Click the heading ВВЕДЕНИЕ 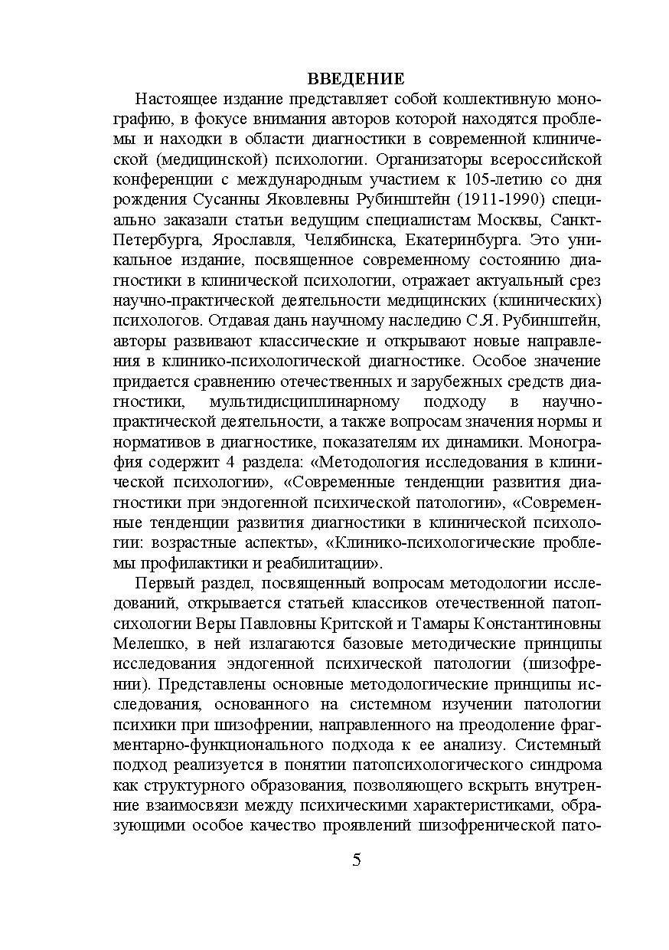coord(356,79)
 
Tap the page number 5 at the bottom coord(357,859)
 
